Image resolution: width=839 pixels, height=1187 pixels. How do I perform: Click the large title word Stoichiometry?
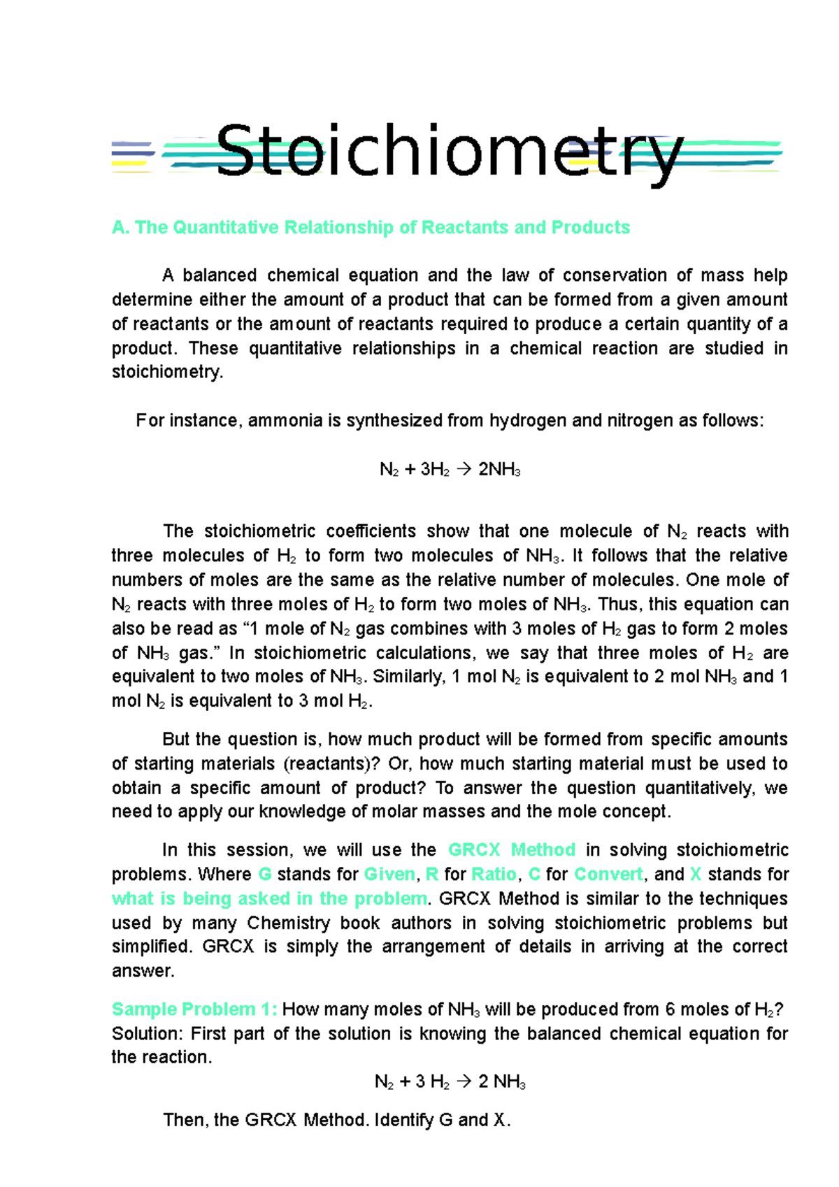447,151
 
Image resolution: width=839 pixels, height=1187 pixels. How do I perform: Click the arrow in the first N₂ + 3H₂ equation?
464,470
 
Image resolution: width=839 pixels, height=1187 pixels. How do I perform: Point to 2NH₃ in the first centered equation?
499,470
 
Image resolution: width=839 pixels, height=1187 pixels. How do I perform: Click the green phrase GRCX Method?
512,850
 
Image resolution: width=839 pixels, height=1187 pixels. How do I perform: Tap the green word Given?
389,875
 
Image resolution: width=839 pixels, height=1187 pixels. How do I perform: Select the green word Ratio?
494,875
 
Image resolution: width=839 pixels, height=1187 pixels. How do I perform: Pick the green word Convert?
608,875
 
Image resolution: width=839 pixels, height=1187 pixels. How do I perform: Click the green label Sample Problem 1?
194,1009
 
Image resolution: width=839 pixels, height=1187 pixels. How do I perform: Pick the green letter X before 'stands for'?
695,875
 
